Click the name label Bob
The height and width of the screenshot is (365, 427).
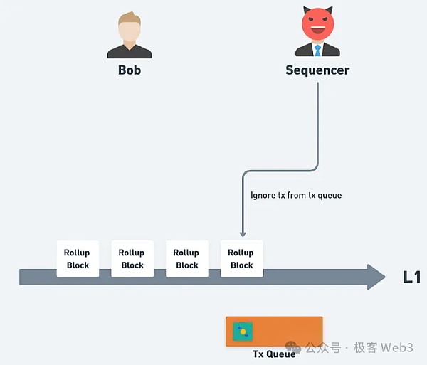tap(130, 70)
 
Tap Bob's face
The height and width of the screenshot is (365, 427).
tap(130, 32)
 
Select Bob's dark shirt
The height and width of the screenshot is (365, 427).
tap(130, 51)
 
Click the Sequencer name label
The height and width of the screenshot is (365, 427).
tap(317, 70)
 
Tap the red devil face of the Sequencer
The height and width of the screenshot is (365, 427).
tap(317, 26)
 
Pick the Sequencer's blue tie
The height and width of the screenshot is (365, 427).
tap(317, 51)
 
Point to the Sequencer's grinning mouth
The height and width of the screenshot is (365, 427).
tap(317, 33)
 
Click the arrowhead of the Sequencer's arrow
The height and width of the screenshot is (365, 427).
tap(243, 233)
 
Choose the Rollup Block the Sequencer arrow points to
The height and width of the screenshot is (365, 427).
tap(241, 259)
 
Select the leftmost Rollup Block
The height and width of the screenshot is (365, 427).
tap(78, 259)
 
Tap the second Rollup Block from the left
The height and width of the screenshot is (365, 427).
tap(132, 259)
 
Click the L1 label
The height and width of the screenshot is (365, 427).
tap(411, 277)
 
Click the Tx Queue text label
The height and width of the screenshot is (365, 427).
tap(274, 354)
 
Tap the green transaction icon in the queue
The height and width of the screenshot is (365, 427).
tap(243, 331)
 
